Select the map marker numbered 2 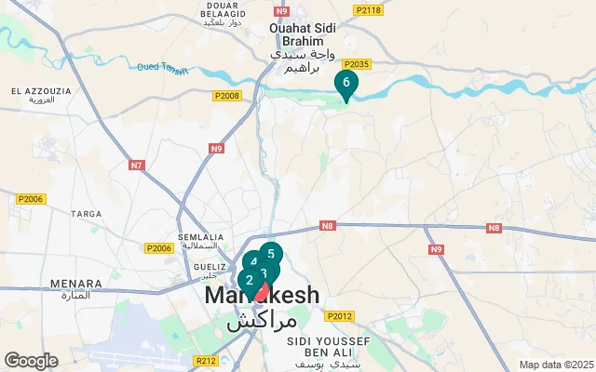pyautogui.click(x=249, y=280)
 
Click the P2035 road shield pyautogui.click(x=358, y=64)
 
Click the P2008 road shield pyautogui.click(x=226, y=96)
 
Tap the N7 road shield pyautogui.click(x=138, y=166)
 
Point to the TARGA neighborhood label pyautogui.click(x=87, y=214)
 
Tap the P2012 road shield pyautogui.click(x=340, y=315)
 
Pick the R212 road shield pyautogui.click(x=205, y=360)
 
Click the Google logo pyautogui.click(x=30, y=361)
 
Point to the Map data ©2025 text pyautogui.click(x=555, y=365)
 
